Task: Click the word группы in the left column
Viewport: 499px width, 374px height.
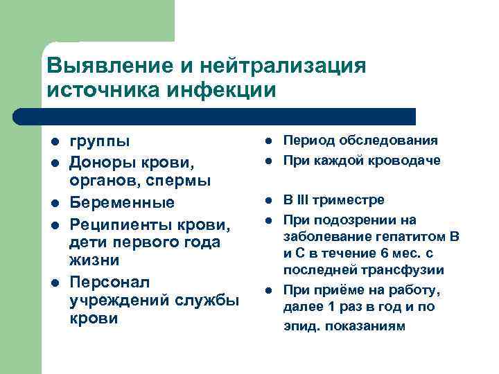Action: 100,142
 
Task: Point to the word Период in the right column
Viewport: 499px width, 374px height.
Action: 308,141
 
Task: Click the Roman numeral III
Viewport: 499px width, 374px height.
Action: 303,200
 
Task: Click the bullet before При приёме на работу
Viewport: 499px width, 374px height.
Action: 268,290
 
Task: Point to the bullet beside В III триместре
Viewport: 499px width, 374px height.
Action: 268,201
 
